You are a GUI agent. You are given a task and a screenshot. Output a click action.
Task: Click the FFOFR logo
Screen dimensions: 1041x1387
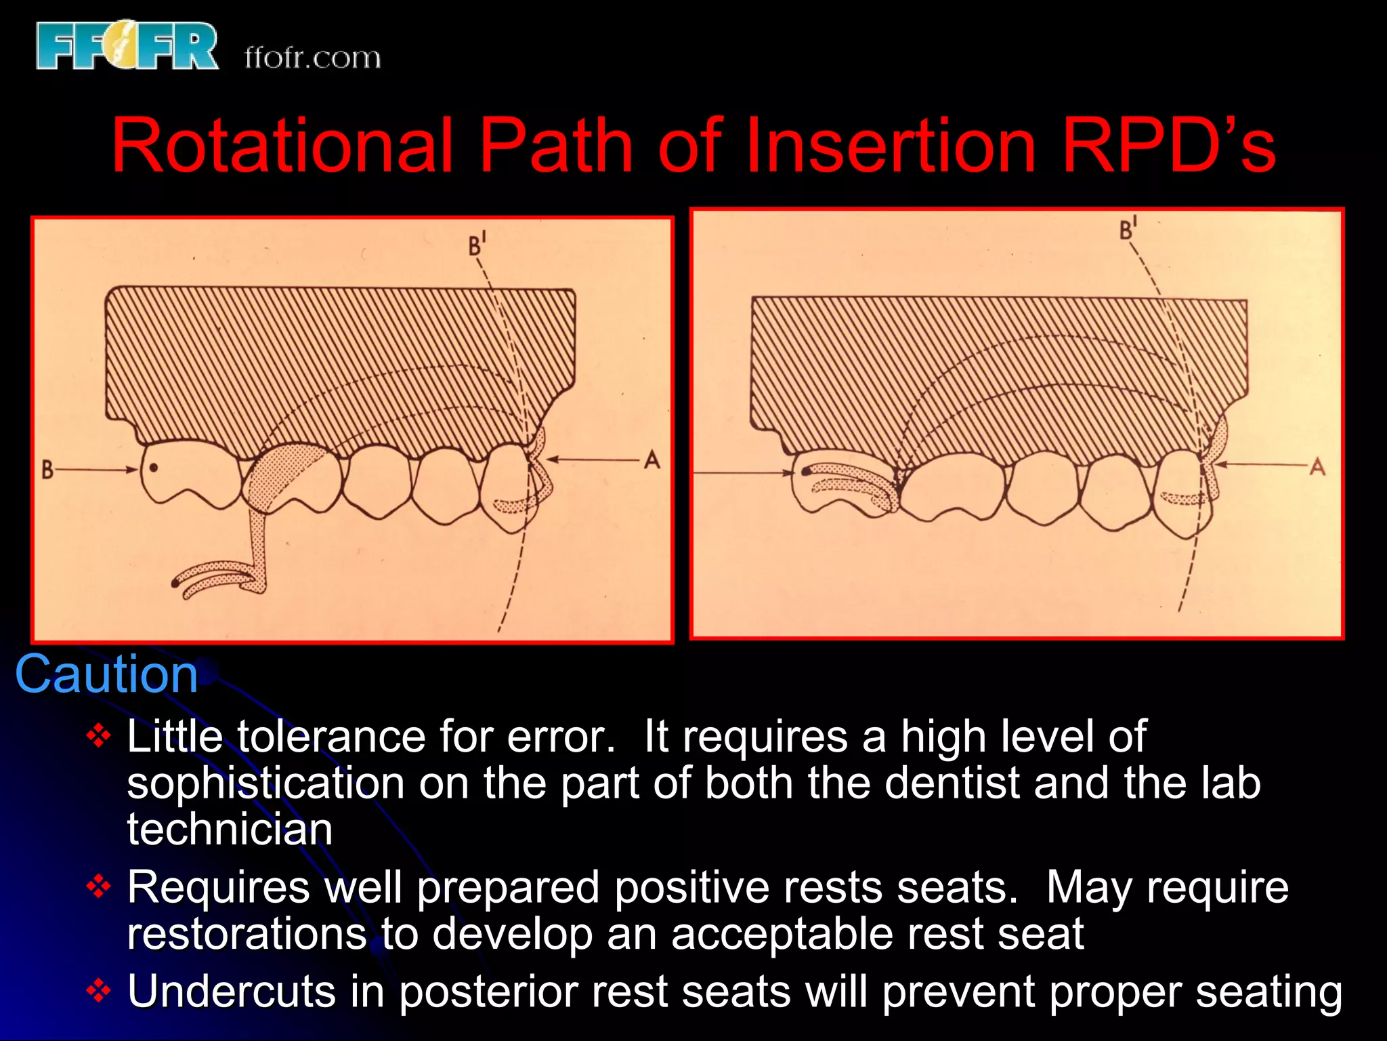pos(127,46)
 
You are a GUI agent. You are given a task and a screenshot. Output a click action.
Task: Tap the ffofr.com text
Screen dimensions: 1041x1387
pos(312,58)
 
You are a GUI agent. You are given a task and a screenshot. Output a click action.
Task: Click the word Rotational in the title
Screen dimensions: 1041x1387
pos(282,145)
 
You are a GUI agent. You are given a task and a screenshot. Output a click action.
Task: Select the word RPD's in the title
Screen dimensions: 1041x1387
pos(1168,145)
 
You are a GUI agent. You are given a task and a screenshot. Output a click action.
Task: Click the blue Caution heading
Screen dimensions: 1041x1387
pos(106,675)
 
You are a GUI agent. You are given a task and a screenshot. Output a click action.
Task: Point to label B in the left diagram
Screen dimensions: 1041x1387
pos(47,470)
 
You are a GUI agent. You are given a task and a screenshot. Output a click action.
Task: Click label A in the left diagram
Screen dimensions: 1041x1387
pos(652,461)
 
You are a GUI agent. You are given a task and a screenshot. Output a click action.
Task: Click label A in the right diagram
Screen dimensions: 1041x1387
pos(1317,467)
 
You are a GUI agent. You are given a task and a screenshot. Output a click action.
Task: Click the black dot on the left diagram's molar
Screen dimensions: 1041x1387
pos(154,467)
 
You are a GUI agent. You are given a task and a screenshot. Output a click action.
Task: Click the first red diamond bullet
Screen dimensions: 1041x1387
pos(99,736)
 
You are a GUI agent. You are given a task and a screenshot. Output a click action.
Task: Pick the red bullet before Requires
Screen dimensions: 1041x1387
pos(99,886)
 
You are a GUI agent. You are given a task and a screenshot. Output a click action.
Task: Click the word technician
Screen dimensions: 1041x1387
pos(230,830)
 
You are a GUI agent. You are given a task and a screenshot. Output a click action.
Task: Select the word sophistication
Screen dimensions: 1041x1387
pos(265,783)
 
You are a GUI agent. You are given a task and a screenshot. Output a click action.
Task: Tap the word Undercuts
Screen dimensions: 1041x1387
pos(231,992)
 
